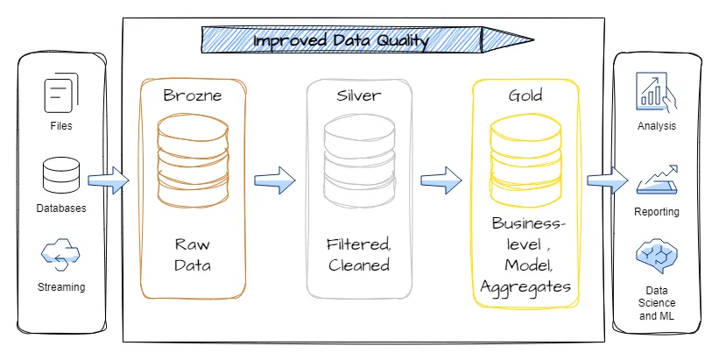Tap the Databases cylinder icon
point(60,177)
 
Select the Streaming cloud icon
point(60,256)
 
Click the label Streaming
point(61,287)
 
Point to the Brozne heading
point(192,94)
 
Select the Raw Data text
point(193,254)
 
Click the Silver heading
point(359,94)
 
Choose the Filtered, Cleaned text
point(359,254)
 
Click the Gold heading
point(525,94)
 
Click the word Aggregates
point(525,286)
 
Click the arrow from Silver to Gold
point(441,180)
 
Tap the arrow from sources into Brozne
point(109,181)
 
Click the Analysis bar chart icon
point(657,92)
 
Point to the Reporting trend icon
point(657,178)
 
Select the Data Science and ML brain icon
point(657,258)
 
